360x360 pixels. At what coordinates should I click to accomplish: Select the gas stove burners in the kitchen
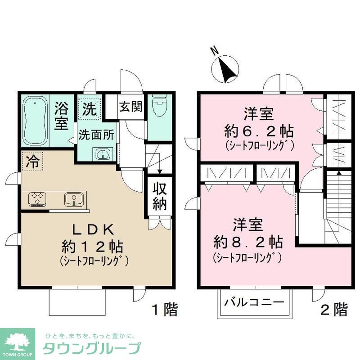tap(37, 198)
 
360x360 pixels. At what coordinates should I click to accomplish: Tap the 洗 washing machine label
tap(89, 108)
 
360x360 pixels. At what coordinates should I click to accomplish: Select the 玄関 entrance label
tap(131, 107)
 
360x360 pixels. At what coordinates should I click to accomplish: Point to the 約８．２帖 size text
tap(248, 243)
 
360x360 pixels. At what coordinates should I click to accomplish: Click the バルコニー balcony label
tap(255, 302)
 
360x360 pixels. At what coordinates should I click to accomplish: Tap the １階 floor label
tap(164, 310)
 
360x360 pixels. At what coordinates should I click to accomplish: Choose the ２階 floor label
tap(333, 310)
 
